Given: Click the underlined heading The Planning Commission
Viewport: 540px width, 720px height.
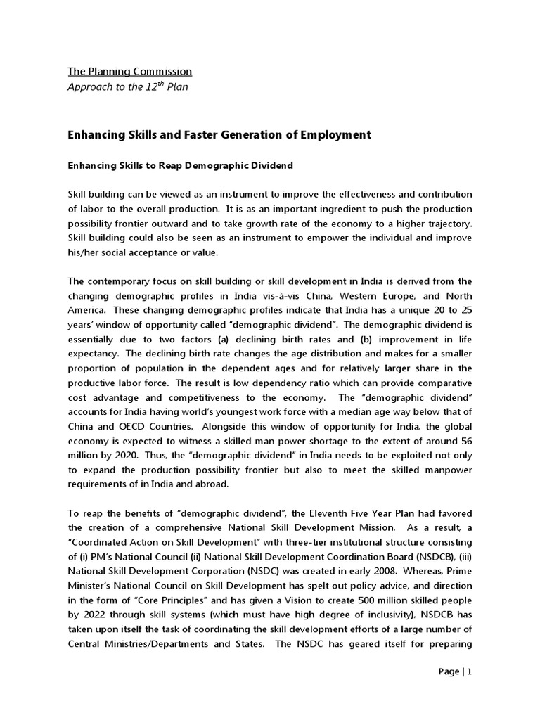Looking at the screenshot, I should pyautogui.click(x=129, y=72).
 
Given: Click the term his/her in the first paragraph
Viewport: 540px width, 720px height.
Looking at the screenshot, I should pyautogui.click(x=84, y=254).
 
